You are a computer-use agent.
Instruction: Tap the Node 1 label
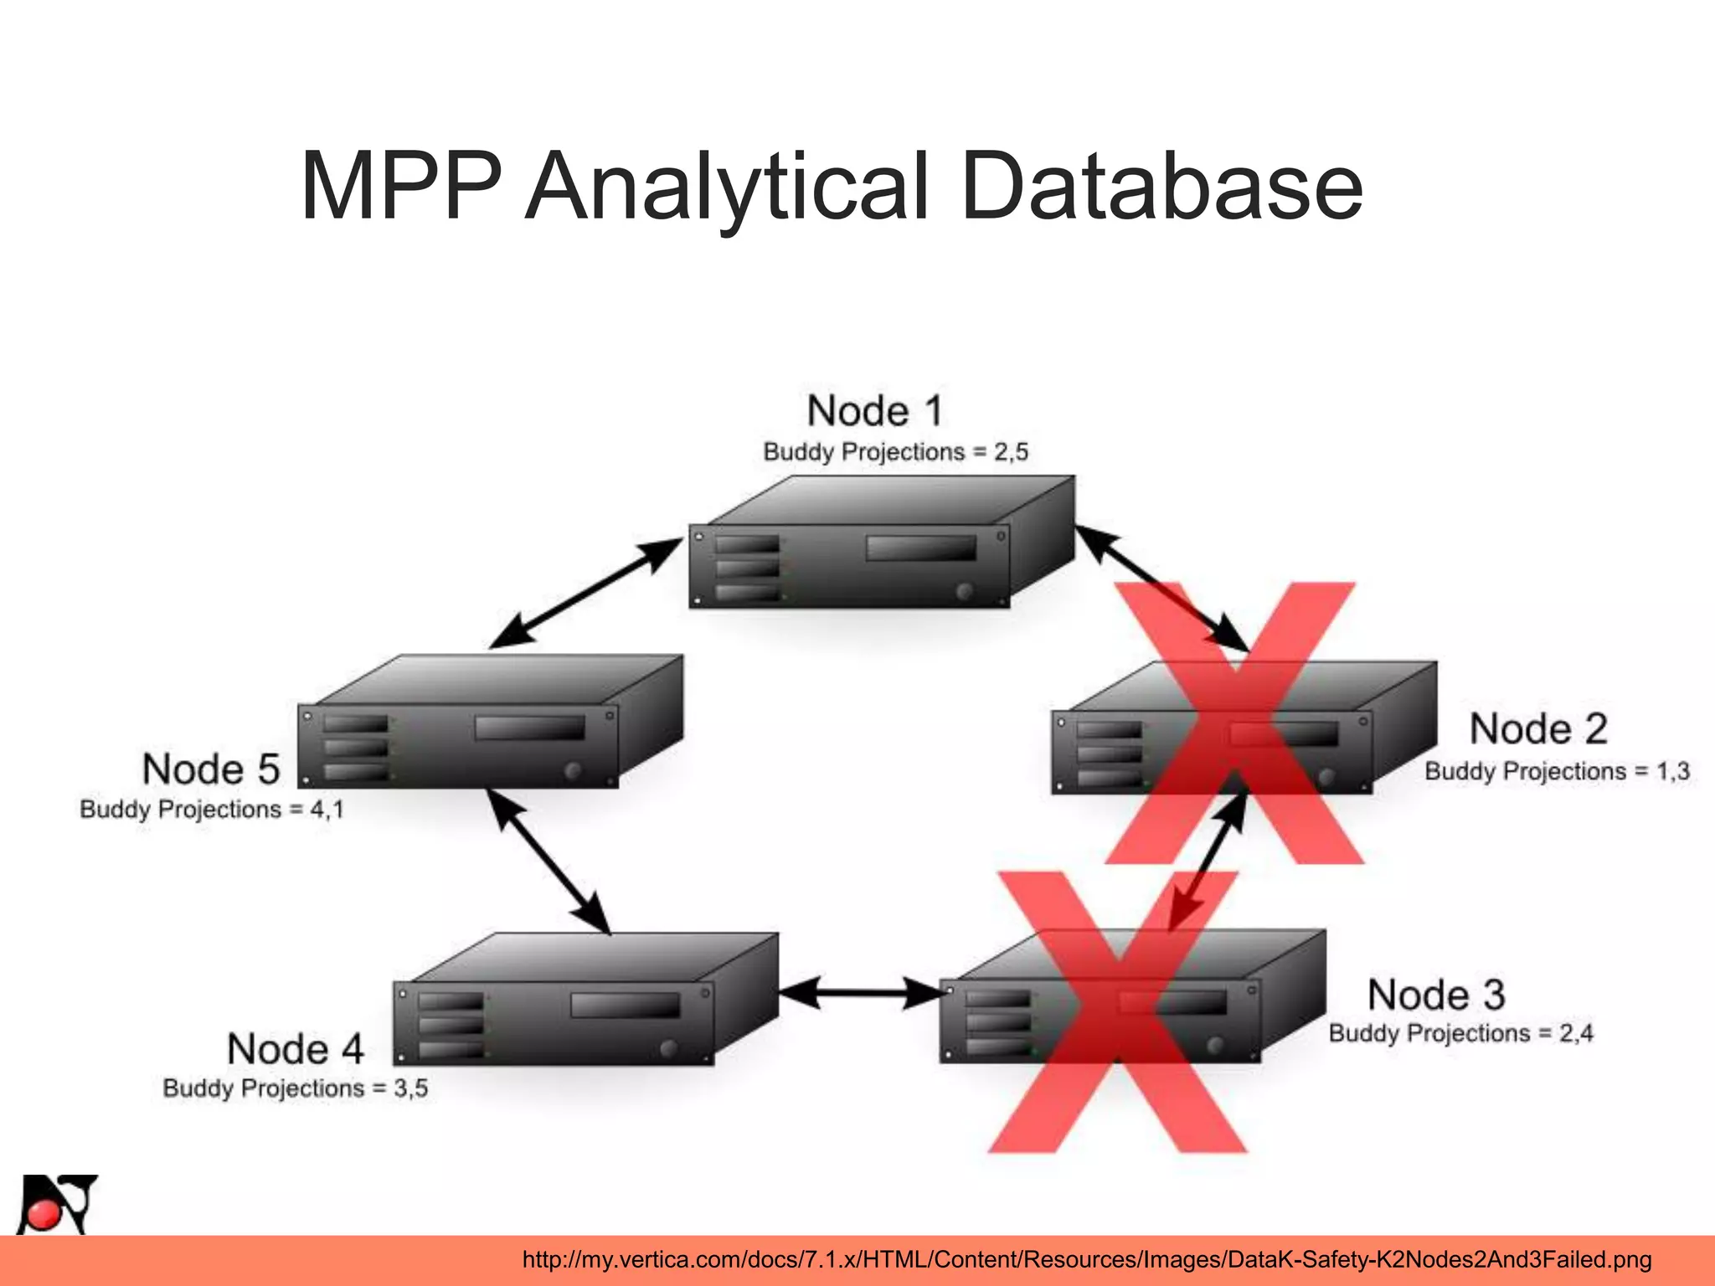(875, 411)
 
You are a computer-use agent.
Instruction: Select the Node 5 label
(211, 769)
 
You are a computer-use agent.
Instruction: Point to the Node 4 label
(296, 1049)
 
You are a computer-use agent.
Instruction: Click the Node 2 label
(1538, 728)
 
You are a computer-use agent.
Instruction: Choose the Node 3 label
(1436, 995)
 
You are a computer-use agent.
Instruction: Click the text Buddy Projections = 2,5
(895, 452)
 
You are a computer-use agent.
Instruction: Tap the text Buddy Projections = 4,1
(212, 810)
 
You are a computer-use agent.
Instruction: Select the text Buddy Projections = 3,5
(296, 1088)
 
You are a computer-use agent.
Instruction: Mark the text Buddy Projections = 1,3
(1557, 771)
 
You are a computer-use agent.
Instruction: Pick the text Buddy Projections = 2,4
(1460, 1033)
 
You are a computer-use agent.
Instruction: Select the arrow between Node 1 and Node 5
(586, 593)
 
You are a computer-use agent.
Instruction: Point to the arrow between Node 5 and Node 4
(548, 862)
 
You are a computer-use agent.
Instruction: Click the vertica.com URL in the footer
(1086, 1259)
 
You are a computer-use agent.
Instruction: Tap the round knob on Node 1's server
(965, 590)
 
